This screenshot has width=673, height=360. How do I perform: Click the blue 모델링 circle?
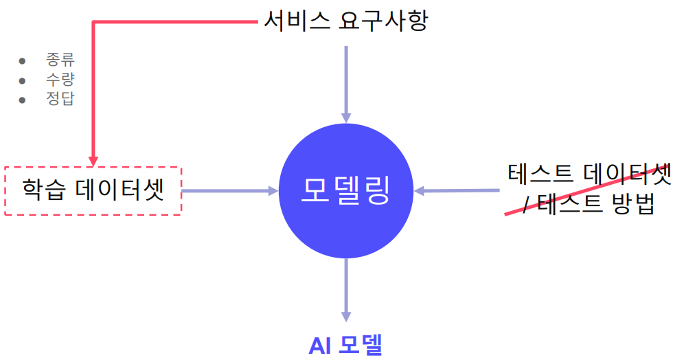point(345,190)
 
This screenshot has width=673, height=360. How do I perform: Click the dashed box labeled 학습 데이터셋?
point(93,190)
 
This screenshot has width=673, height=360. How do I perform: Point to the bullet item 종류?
point(60,60)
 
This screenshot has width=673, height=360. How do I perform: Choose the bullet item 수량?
point(60,79)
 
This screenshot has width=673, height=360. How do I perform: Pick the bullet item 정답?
point(60,99)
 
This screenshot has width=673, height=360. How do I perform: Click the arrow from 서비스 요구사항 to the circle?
point(346,82)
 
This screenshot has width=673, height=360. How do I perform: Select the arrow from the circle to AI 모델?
point(346,289)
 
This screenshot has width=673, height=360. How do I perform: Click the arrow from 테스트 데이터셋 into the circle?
point(457,190)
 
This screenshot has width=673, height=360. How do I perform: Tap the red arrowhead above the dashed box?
point(93,160)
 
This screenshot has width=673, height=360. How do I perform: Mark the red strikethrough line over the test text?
point(584,196)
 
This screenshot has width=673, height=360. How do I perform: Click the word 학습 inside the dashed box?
point(41,190)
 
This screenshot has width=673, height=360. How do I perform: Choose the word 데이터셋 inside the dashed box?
point(117,190)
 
